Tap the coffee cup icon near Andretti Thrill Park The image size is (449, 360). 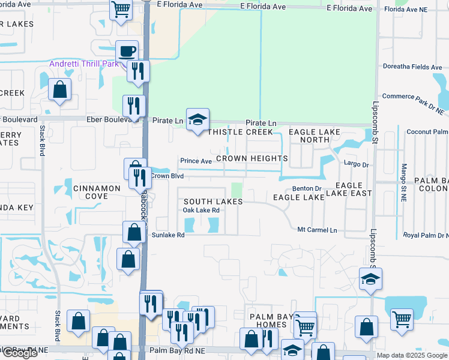(127, 52)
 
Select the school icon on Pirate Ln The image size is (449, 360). (197, 120)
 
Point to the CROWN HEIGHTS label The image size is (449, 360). (252, 158)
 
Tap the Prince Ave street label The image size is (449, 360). (196, 161)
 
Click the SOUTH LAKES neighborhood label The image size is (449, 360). (212, 202)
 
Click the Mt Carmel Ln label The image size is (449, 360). (318, 230)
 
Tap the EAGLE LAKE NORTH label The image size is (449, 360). (315, 136)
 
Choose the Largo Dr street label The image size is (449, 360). (356, 163)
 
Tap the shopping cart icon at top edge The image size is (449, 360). (121, 10)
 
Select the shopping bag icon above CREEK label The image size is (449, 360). (60, 91)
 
